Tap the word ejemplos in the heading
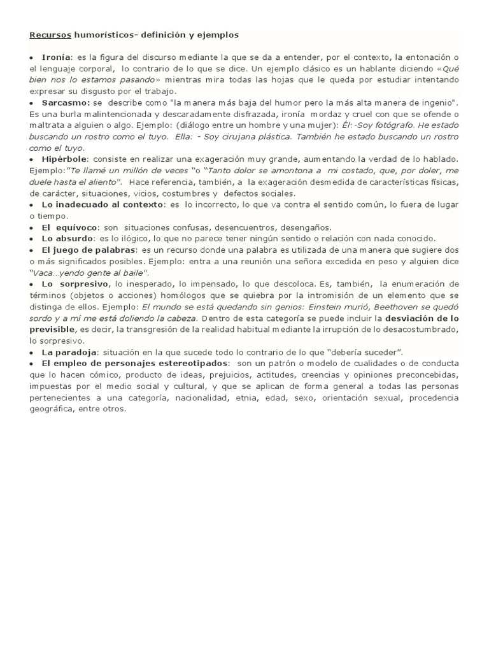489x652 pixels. (x=218, y=34)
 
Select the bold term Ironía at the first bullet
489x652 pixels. (x=57, y=57)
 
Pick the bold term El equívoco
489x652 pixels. (x=70, y=227)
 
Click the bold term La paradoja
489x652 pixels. (x=69, y=351)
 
